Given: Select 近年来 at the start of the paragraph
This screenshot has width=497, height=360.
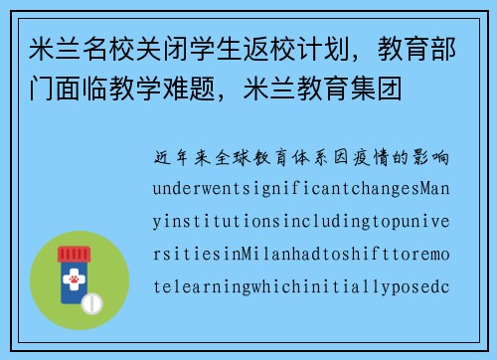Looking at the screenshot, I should point(182,158).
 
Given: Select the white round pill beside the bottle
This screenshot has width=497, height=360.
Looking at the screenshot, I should point(92,302).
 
